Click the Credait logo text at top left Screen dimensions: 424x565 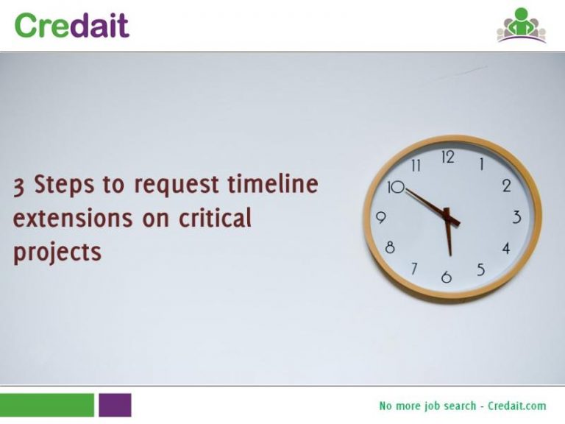click(71, 25)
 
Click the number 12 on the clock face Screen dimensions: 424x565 click(447, 157)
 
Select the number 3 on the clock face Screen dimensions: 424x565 click(516, 217)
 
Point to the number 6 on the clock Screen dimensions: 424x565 click(446, 278)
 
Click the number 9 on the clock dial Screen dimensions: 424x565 click(381, 218)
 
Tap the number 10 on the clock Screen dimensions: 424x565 click(396, 187)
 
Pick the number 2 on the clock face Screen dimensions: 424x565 click(506, 186)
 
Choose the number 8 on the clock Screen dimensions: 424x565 click(390, 248)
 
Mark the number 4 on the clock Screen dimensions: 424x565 click(505, 249)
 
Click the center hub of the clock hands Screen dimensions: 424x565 click(448, 217)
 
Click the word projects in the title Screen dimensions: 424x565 click(57, 252)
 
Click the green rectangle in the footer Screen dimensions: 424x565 click(47, 405)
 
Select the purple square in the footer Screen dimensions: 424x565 click(115, 405)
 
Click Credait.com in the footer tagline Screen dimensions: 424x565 click(517, 406)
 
